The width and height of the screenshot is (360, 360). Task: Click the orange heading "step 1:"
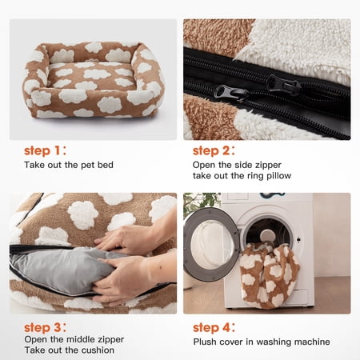pyautogui.click(x=45, y=150)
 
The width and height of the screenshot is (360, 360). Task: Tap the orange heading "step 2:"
pyautogui.click(x=214, y=150)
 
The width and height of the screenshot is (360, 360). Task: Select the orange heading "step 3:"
pyautogui.click(x=45, y=328)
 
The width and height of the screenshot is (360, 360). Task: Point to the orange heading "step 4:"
pyautogui.click(x=214, y=328)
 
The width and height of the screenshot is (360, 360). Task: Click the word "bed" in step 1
pyautogui.click(x=106, y=165)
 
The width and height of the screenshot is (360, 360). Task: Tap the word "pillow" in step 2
pyautogui.click(x=279, y=176)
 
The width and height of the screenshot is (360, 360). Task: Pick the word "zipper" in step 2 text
pyautogui.click(x=269, y=166)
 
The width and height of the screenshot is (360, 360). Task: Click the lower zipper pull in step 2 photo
pyautogui.click(x=231, y=94)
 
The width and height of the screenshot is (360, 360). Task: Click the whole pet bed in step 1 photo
pyautogui.click(x=94, y=80)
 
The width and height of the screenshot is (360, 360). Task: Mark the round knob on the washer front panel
pyautogui.click(x=267, y=236)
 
